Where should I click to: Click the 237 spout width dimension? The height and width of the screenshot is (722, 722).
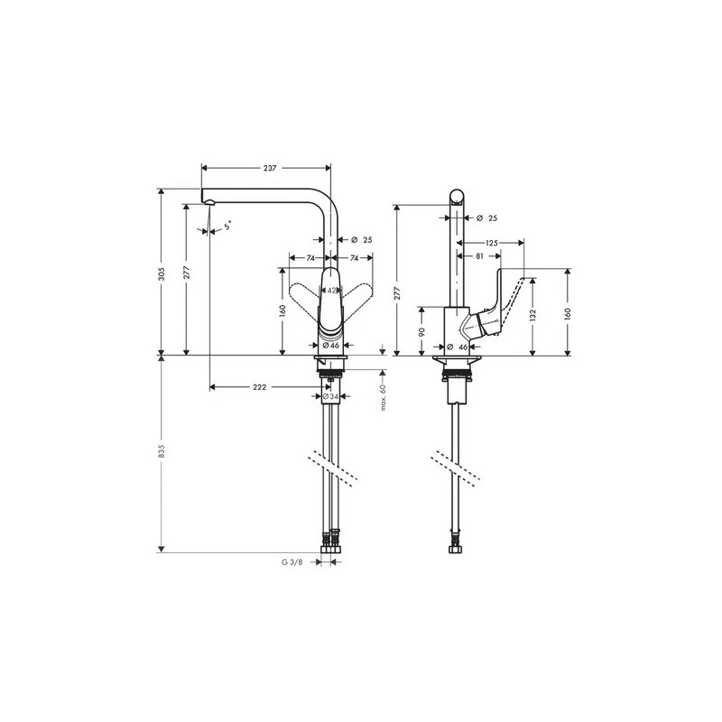[x=270, y=168]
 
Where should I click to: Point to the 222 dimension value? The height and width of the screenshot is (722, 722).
[x=259, y=386]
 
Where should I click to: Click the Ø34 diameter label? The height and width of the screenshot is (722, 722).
[x=331, y=396]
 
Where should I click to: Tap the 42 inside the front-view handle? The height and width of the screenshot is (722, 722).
[x=331, y=291]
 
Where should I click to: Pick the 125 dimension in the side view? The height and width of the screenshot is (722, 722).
[x=491, y=243]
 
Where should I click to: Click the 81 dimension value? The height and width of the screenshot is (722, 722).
[x=479, y=255]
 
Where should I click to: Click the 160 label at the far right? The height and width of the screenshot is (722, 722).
[x=567, y=313]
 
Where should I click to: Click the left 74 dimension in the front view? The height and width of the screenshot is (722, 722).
[x=310, y=258]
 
